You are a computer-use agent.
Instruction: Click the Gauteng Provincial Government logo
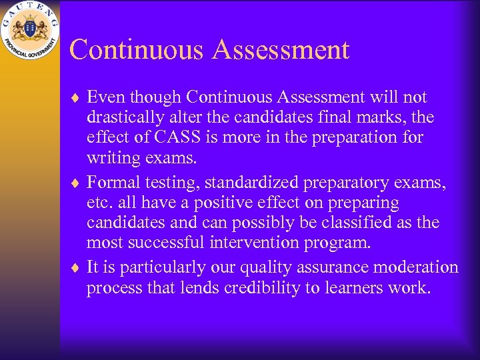(30, 30)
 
